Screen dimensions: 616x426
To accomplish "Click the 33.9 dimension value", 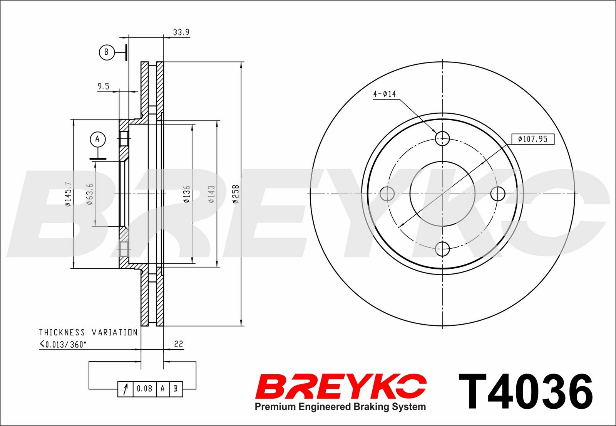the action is tap(181, 32).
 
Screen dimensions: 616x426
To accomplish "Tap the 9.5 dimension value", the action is tap(104, 86).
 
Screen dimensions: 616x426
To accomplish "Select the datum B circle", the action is tap(107, 52).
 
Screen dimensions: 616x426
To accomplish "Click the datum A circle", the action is tap(98, 139).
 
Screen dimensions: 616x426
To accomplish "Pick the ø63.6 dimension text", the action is tap(90, 194).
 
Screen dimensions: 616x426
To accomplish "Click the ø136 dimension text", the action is tap(187, 194).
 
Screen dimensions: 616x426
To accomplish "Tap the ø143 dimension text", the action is tap(211, 194).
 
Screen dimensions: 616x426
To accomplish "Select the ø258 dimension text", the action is tap(236, 194).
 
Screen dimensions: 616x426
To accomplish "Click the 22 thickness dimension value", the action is tap(179, 344).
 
